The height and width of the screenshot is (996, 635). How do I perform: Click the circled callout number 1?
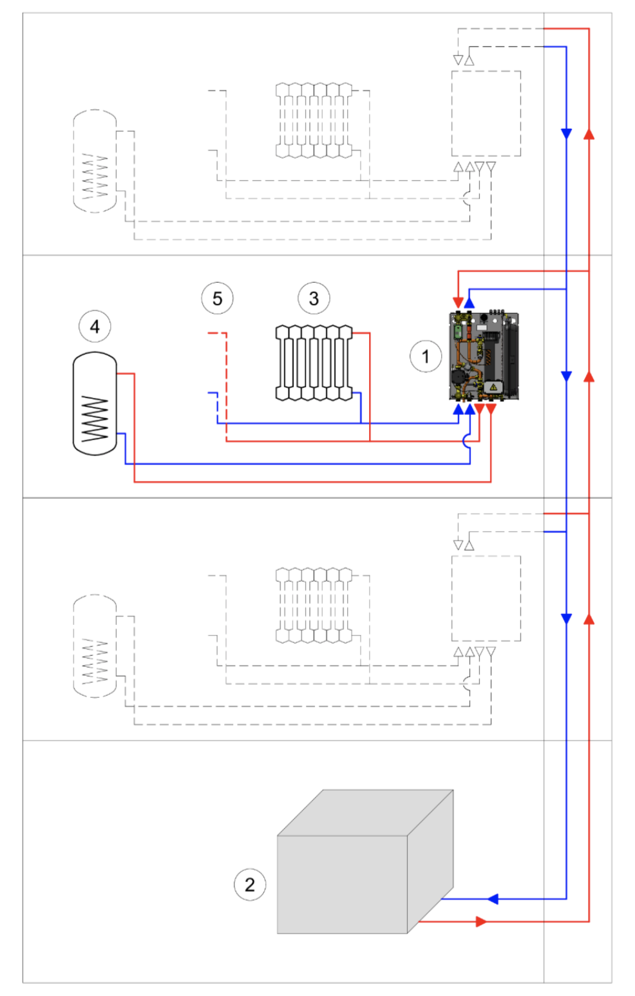pyautogui.click(x=425, y=356)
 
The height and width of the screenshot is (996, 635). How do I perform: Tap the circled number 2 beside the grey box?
pyautogui.click(x=250, y=885)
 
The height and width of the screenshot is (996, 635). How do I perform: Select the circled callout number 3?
pyautogui.click(x=314, y=298)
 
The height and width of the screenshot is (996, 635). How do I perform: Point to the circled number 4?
pyautogui.click(x=95, y=327)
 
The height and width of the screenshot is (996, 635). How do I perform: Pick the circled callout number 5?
pyautogui.click(x=217, y=298)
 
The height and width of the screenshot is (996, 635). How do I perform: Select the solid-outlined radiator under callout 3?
pyautogui.click(x=314, y=363)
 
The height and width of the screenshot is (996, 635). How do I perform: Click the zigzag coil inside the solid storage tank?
pyautogui.click(x=95, y=419)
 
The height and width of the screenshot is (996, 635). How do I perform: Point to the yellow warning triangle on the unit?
pyautogui.click(x=493, y=387)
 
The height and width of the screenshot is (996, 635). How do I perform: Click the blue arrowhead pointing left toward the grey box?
pyautogui.click(x=493, y=899)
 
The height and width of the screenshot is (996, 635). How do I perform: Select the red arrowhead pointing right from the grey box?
pyautogui.click(x=480, y=921)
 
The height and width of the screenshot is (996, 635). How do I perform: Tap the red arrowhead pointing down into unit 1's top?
pyautogui.click(x=458, y=302)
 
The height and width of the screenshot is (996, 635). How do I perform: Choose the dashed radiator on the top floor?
pyautogui.click(x=314, y=120)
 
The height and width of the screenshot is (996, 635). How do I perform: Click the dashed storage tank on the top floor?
pyautogui.click(x=95, y=161)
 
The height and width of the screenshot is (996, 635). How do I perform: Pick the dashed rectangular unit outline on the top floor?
pyautogui.click(x=486, y=113)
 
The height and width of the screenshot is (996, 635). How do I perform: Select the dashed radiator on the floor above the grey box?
pyautogui.click(x=314, y=606)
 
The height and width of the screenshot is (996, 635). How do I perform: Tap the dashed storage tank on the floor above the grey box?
pyautogui.click(x=95, y=646)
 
